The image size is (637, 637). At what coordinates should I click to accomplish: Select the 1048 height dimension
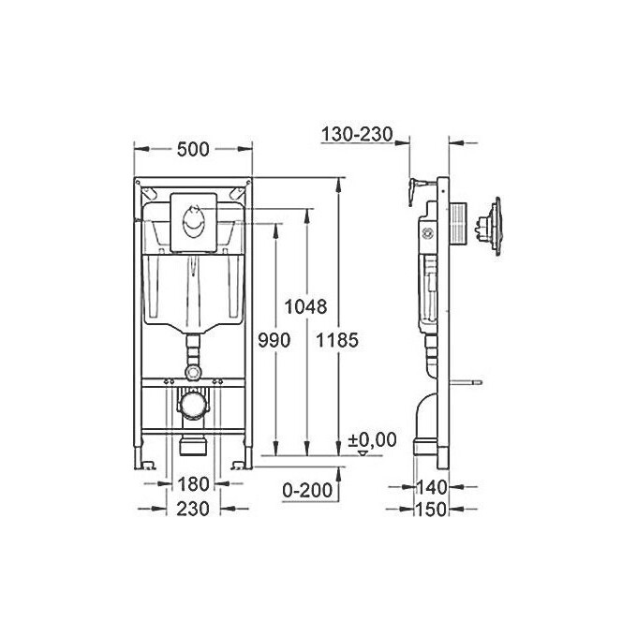[x=305, y=306]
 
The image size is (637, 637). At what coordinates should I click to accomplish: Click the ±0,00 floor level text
[x=372, y=439]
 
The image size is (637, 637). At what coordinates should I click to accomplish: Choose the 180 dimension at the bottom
[x=193, y=484]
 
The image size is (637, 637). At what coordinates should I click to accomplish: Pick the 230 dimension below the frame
[x=193, y=509]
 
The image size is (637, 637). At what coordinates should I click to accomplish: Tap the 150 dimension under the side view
[x=431, y=509]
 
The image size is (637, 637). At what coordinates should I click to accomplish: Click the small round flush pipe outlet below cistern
[x=194, y=371]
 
